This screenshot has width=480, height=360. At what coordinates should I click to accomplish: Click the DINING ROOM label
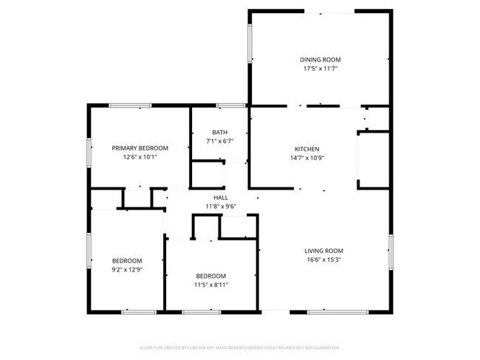coord(320,60)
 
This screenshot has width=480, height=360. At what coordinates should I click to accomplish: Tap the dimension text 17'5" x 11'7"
coord(320,69)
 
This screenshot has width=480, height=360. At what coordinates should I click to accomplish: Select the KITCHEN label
coord(306,148)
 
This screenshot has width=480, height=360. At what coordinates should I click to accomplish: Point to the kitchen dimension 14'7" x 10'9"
coord(306,157)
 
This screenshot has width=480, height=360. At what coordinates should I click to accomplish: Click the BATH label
coord(219,132)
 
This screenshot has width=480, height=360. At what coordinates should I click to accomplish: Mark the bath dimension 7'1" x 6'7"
coord(219,141)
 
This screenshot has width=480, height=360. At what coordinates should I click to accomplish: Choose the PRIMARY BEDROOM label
coord(140,148)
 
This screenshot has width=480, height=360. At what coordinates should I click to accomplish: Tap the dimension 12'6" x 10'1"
coord(140,156)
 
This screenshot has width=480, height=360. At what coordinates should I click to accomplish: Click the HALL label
coord(221,198)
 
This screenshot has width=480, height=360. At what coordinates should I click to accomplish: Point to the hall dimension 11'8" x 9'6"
coord(221,207)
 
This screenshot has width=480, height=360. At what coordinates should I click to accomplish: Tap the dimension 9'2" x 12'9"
coord(127,269)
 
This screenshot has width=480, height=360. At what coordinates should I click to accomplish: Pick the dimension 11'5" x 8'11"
coord(210,285)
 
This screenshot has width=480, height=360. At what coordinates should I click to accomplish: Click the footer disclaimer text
coord(239,347)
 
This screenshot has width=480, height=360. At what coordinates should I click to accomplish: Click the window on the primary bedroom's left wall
coord(89,152)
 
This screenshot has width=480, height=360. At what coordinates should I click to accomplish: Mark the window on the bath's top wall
coord(231,105)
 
